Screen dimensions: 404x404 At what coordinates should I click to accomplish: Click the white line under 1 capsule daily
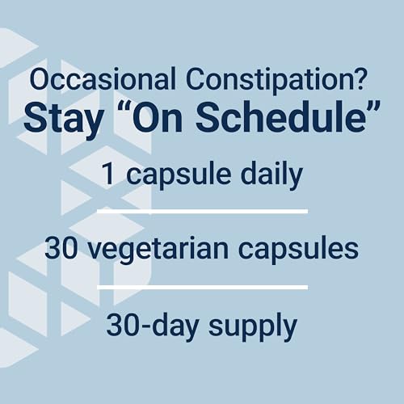tap(202, 210)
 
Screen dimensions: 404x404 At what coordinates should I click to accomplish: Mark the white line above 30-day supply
tap(202, 286)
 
